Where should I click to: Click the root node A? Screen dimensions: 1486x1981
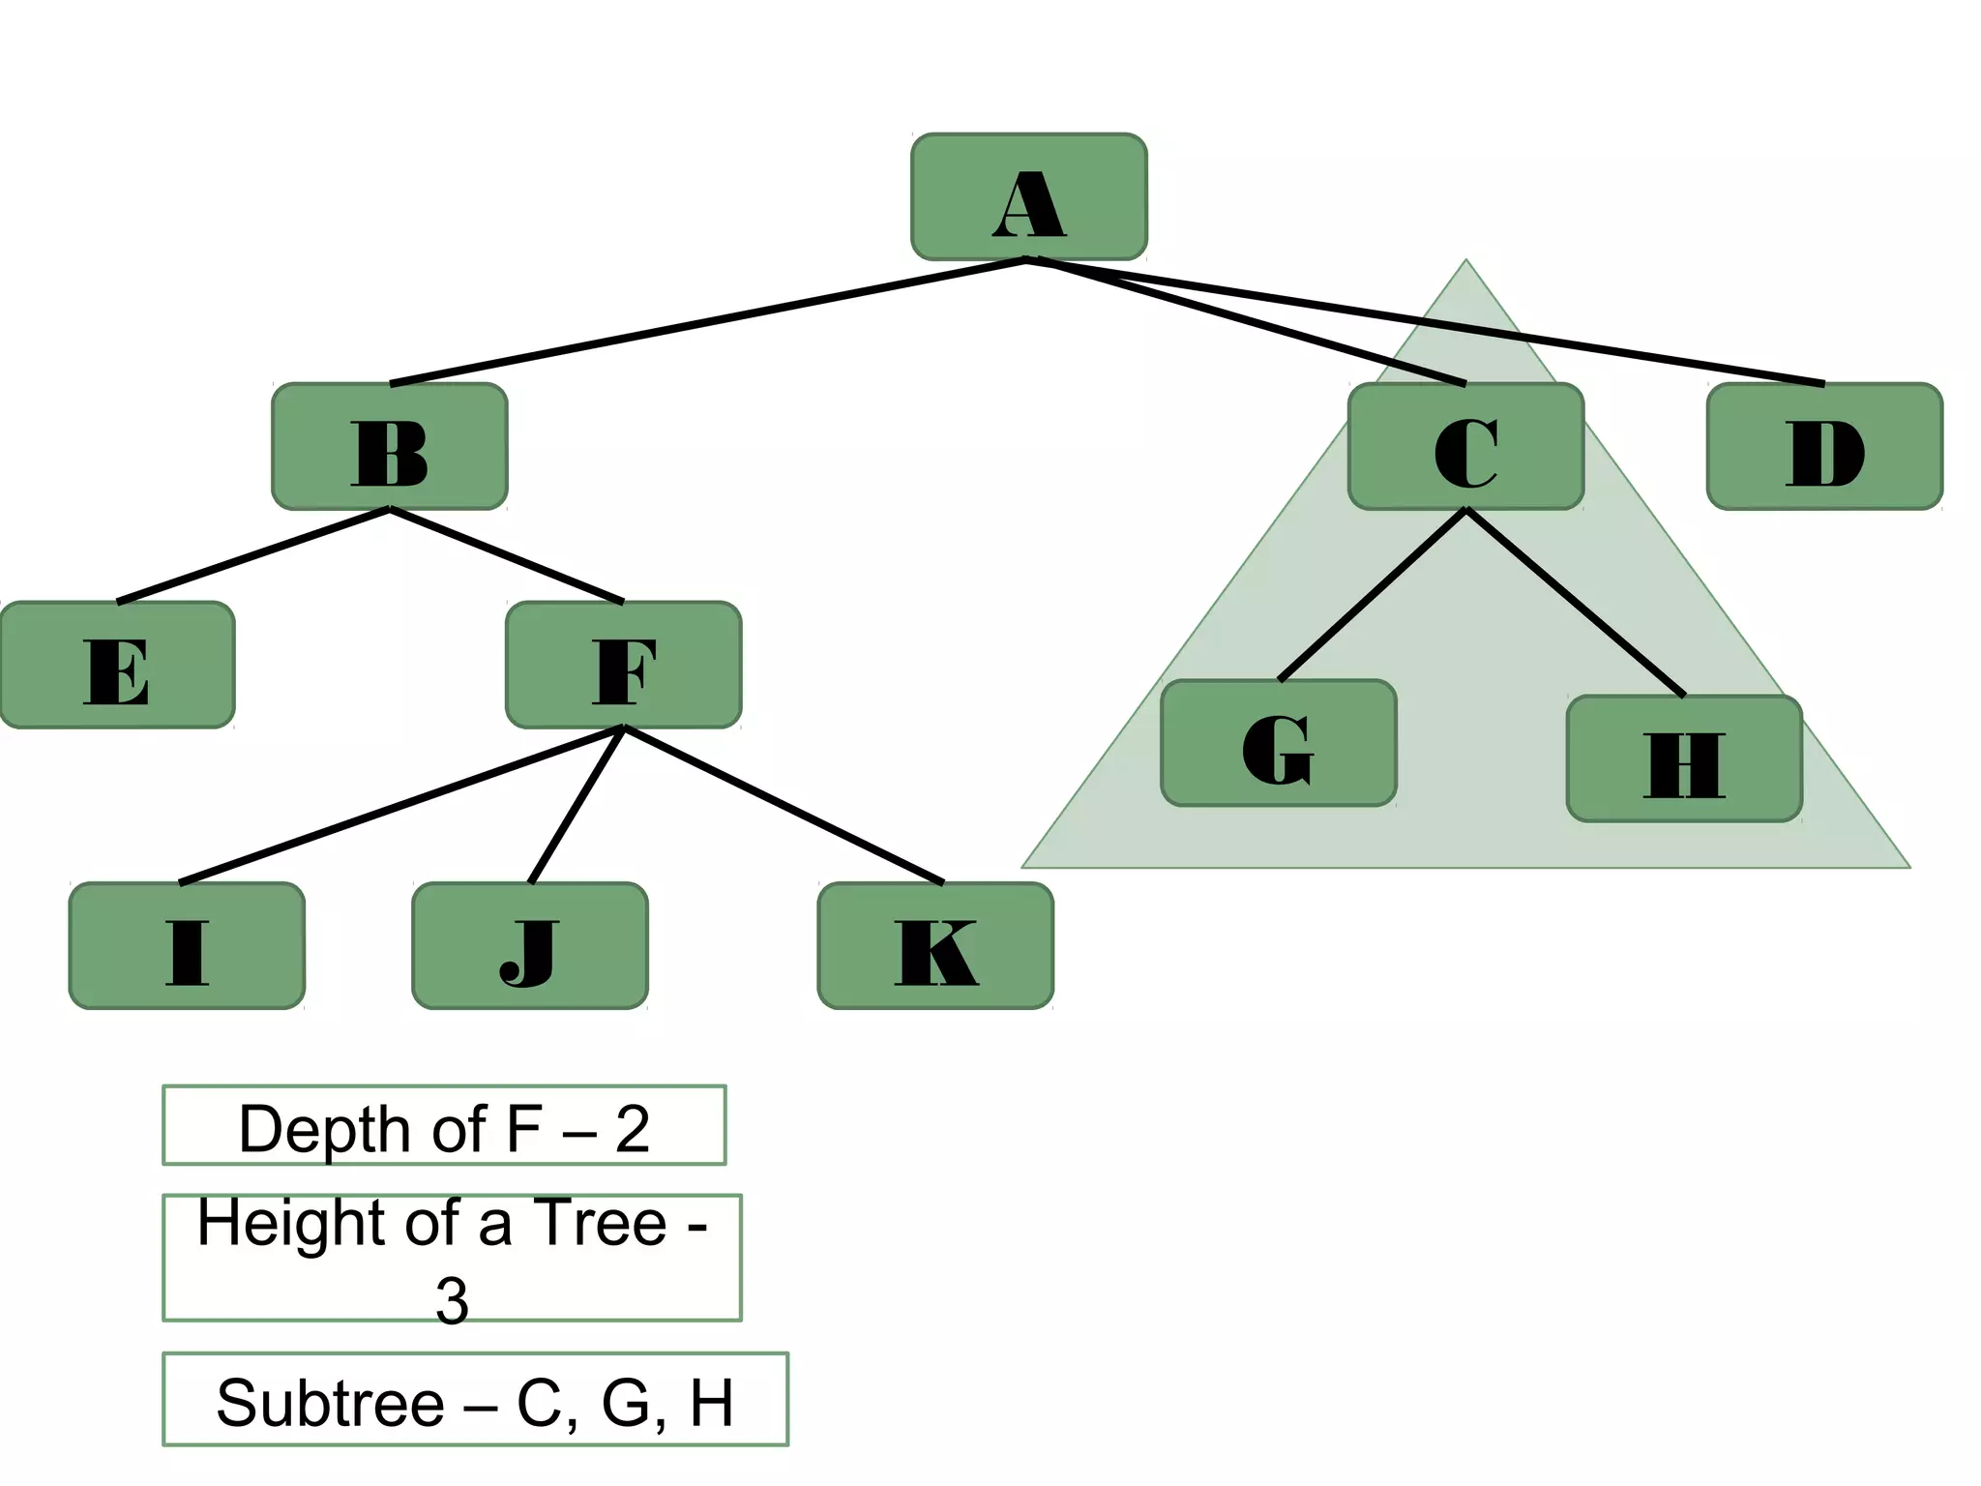pyautogui.click(x=1028, y=197)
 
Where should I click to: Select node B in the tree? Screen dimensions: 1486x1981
pyautogui.click(x=389, y=446)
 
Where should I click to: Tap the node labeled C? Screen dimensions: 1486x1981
pyautogui.click(x=1465, y=446)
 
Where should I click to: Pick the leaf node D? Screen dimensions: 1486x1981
pyautogui.click(x=1824, y=446)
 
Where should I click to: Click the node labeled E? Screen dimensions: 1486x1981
pyautogui.click(x=117, y=665)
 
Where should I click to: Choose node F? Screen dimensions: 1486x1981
pyautogui.click(x=623, y=665)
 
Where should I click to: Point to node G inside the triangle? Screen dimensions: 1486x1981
pyautogui.click(x=1278, y=743)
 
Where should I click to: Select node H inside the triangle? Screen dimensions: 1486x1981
pyautogui.click(x=1683, y=758)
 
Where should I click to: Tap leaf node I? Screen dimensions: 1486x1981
pyautogui.click(x=187, y=945)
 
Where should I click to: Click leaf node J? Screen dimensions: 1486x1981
pyautogui.click(x=529, y=945)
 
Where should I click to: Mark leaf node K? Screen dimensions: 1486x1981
pyautogui.click(x=934, y=945)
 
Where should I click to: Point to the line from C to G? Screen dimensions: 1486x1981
pyautogui.click(x=1372, y=595)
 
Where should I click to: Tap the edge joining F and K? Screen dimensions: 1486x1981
pyautogui.click(x=784, y=805)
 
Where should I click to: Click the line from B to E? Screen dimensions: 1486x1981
pyautogui.click(x=252, y=555)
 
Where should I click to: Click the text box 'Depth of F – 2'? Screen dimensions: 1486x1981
pyautogui.click(x=443, y=1126)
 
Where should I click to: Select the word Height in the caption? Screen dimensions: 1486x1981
pyautogui.click(x=291, y=1224)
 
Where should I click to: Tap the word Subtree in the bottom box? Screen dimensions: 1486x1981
pyautogui.click(x=329, y=1403)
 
